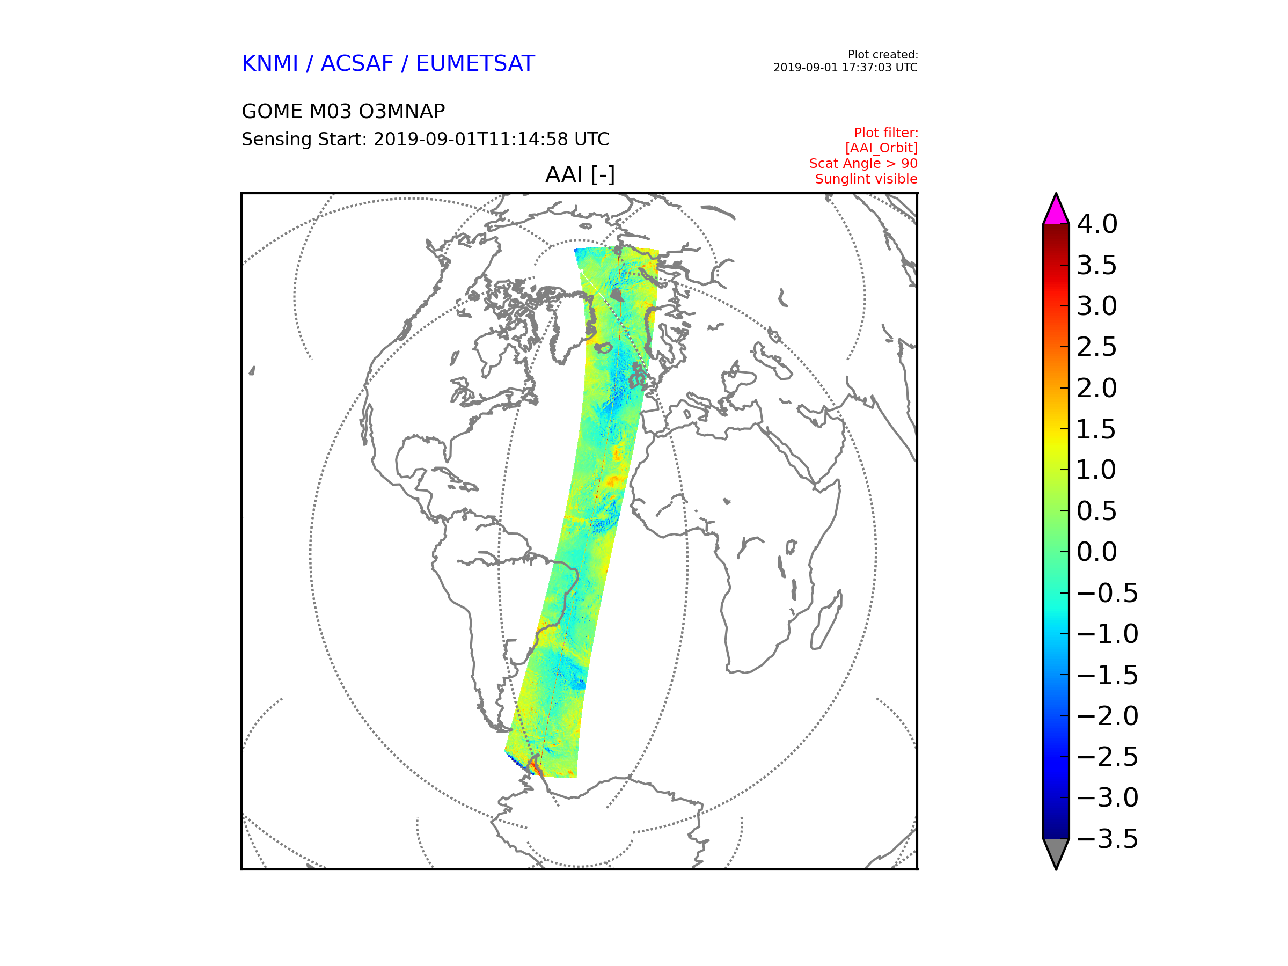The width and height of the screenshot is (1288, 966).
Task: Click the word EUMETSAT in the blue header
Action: pos(475,63)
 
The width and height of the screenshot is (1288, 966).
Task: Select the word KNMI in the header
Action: pos(269,63)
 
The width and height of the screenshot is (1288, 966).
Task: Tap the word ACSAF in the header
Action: pos(356,63)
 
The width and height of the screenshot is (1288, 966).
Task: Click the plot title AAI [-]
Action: pos(580,174)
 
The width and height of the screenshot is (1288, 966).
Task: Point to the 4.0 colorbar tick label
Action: pos(1097,224)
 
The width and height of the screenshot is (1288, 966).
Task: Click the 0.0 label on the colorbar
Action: pos(1097,552)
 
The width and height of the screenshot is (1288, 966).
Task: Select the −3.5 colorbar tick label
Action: pos(1107,839)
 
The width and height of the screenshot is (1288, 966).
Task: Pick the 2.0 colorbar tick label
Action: pos(1097,389)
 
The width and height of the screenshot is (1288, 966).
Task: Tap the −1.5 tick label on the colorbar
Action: pos(1107,676)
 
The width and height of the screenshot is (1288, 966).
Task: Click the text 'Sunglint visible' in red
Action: pos(866,179)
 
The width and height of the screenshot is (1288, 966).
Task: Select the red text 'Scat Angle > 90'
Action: pos(863,164)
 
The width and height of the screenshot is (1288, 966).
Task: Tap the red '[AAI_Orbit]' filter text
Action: pos(881,149)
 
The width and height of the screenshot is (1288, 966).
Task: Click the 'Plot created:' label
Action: pos(883,55)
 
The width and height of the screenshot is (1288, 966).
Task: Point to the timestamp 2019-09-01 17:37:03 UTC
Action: pos(845,68)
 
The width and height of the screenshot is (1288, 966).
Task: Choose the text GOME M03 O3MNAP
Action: pos(343,111)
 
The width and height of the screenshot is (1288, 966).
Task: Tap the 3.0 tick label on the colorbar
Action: pos(1097,306)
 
